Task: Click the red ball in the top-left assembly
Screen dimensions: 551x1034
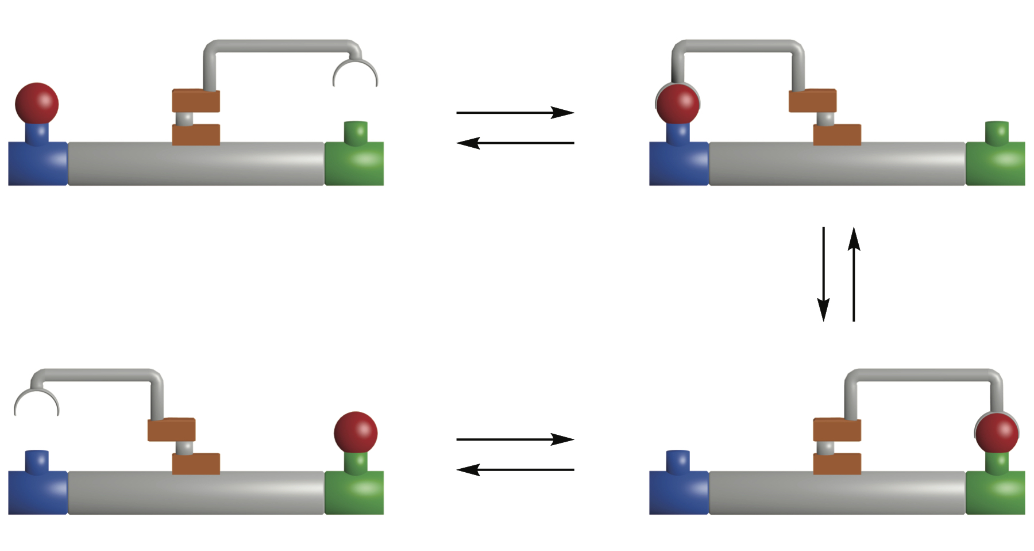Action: tap(37, 104)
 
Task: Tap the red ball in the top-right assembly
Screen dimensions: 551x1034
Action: tap(678, 104)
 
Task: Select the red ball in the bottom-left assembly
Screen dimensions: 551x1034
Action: tap(356, 433)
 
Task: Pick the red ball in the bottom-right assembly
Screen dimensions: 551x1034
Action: tap(997, 433)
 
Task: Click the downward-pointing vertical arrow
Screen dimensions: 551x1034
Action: tap(823, 274)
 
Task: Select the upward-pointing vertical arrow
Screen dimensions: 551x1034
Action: tap(854, 274)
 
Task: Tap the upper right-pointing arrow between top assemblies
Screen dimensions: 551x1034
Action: tap(515, 112)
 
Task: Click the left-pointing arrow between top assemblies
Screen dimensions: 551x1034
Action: tap(515, 143)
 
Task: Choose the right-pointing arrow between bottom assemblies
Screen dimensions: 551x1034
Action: tap(515, 439)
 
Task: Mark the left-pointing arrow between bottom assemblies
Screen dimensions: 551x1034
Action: tap(515, 470)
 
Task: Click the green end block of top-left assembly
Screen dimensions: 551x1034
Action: tap(354, 164)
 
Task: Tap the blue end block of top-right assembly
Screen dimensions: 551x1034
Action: tap(679, 164)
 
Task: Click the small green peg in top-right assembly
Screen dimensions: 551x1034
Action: tap(997, 132)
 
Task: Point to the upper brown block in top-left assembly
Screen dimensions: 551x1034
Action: tap(196, 101)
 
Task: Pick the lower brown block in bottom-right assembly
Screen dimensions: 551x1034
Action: tap(837, 464)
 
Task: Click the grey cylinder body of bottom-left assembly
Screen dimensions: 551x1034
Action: tap(196, 493)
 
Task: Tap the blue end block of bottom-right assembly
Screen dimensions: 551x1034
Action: tap(679, 493)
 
